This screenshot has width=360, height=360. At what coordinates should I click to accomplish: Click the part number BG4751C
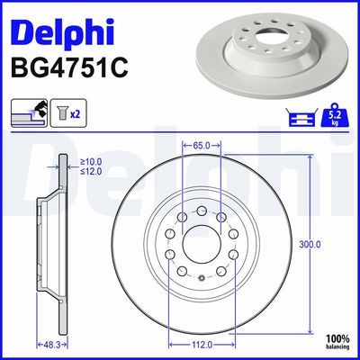coord(69,68)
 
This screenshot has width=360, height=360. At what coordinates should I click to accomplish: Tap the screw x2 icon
coord(68,112)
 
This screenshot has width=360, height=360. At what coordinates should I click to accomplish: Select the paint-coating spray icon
coord(29,112)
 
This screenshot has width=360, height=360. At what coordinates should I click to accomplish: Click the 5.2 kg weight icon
coord(336,115)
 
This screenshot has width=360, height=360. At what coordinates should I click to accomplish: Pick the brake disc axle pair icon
coord(301,117)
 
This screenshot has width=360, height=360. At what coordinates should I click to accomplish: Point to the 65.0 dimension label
coord(202,146)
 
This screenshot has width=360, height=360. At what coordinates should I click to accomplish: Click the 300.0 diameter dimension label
coord(310,245)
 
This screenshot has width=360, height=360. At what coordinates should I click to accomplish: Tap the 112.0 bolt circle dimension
coord(202,345)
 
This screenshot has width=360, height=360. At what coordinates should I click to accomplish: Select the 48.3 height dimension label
coord(52,345)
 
